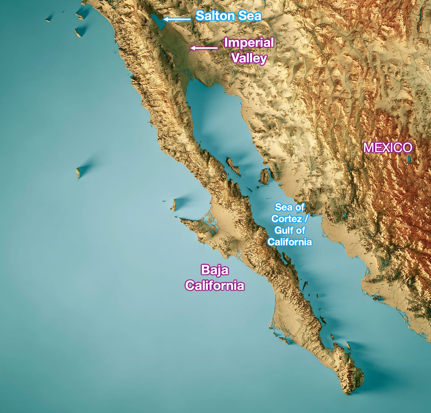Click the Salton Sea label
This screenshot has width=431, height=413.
click(x=229, y=16)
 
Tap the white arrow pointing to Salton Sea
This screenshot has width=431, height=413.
click(x=177, y=19)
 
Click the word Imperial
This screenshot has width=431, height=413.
click(x=249, y=43)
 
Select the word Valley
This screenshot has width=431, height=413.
click(x=249, y=58)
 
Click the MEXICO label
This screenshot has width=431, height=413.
click(x=387, y=148)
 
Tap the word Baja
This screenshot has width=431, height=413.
click(x=215, y=270)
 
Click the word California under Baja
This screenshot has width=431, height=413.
click(x=215, y=286)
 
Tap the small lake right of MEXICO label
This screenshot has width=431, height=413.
click(x=409, y=159)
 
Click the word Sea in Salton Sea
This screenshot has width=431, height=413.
click(x=250, y=16)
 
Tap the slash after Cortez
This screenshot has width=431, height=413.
click(x=306, y=219)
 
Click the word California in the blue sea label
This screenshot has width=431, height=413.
click(x=290, y=242)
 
